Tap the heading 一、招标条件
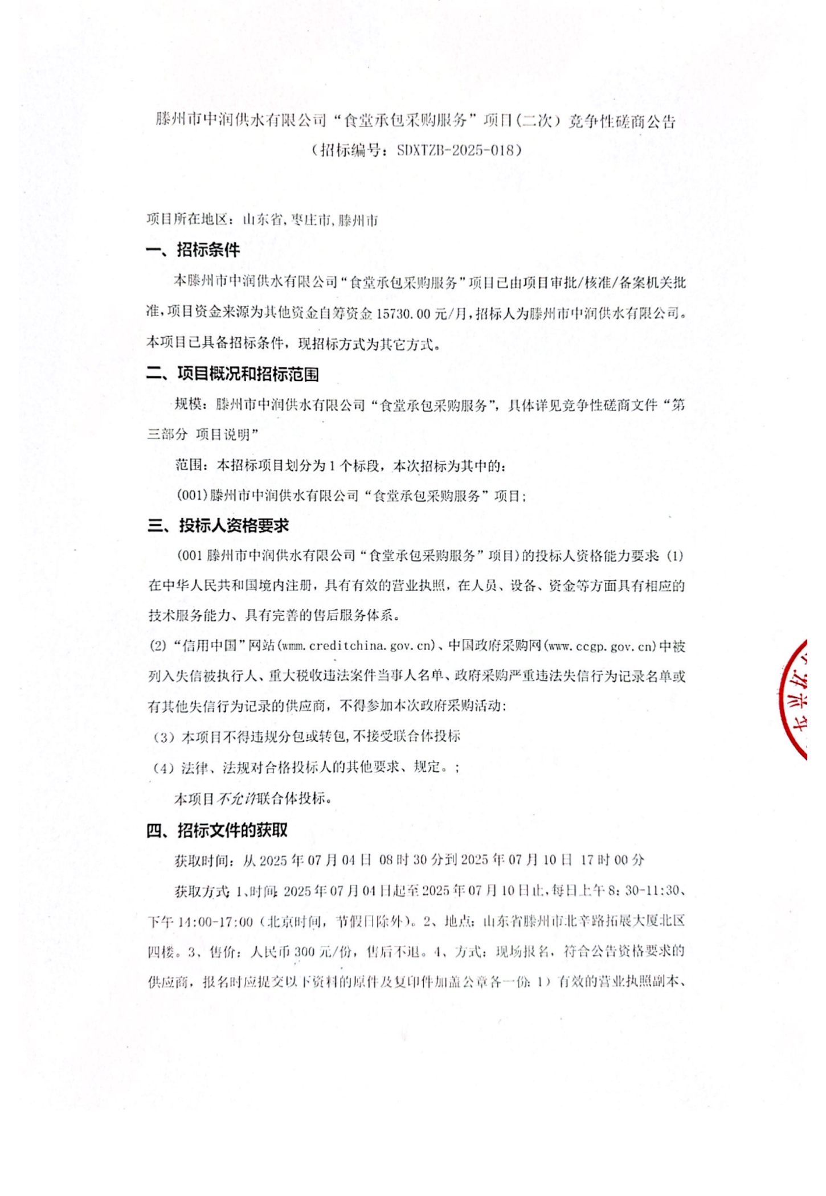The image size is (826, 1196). (x=193, y=250)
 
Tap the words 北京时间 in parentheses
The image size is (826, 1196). (x=296, y=921)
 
